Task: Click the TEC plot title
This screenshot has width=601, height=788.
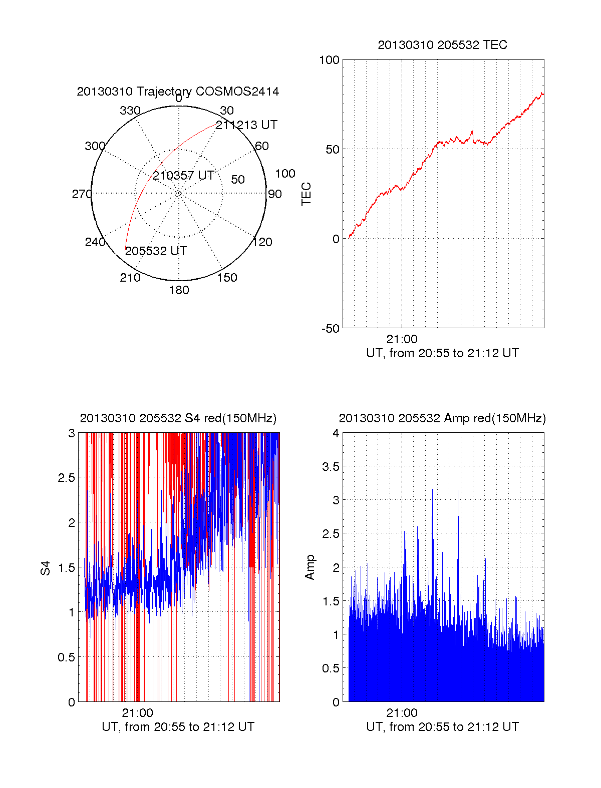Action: click(x=442, y=45)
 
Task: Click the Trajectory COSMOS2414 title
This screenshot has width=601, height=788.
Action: click(x=178, y=92)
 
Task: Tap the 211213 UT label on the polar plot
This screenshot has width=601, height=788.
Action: click(x=246, y=125)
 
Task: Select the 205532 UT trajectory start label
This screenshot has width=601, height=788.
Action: click(x=156, y=251)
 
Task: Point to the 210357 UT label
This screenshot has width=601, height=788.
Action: click(x=183, y=176)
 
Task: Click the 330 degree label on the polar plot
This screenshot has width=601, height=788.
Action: click(x=130, y=111)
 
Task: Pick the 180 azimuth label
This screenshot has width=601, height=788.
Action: click(x=179, y=290)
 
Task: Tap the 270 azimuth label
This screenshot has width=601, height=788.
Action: click(x=82, y=194)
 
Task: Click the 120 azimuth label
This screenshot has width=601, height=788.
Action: click(x=262, y=243)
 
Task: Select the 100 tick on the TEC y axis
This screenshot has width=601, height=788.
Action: click(x=329, y=60)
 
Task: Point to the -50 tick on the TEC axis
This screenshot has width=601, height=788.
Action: click(x=330, y=329)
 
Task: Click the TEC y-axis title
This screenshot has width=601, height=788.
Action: click(x=306, y=194)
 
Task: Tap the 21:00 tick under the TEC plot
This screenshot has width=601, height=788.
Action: click(x=402, y=339)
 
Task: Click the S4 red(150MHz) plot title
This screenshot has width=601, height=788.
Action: click(x=178, y=418)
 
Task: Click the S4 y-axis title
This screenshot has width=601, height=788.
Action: click(x=46, y=568)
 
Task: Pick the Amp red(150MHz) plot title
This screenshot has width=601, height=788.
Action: click(x=442, y=418)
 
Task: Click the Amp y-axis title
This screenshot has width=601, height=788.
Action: click(x=310, y=567)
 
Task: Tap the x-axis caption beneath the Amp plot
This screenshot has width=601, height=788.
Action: click(x=442, y=727)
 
